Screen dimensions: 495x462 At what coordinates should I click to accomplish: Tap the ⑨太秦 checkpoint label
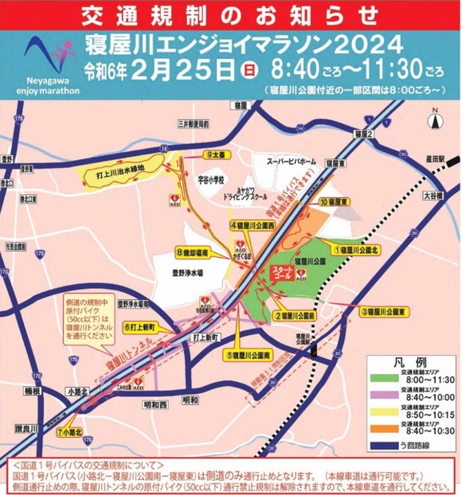click(216, 156)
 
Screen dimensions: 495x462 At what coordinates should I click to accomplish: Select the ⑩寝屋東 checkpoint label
click(335, 202)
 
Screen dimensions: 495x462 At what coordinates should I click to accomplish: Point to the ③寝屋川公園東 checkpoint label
click(384, 312)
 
